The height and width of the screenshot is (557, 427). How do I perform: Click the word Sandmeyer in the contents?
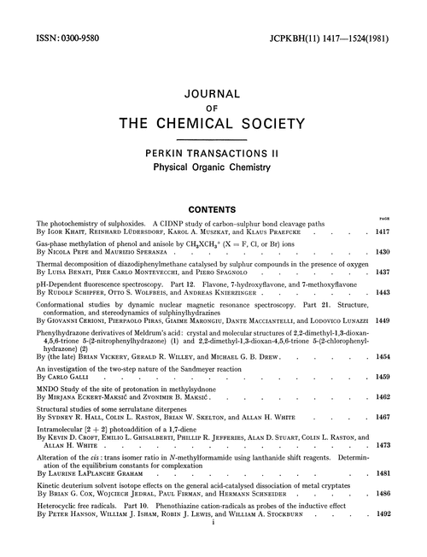pos(190,367)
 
